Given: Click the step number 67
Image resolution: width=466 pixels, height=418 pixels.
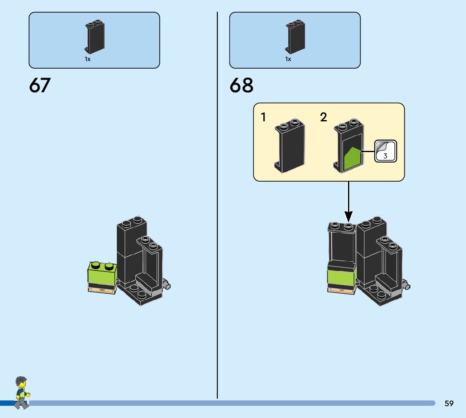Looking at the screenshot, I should click(x=40, y=86).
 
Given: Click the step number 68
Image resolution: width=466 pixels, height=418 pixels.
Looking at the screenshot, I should click(x=241, y=86).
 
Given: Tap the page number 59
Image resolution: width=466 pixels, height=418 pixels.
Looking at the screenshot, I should click(x=449, y=404).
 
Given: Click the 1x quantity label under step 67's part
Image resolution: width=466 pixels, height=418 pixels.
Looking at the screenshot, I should click(x=88, y=59).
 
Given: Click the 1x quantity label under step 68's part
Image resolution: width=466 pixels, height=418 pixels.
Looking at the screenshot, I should click(x=288, y=59).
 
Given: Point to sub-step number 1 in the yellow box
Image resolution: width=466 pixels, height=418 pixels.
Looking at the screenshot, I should click(x=264, y=117).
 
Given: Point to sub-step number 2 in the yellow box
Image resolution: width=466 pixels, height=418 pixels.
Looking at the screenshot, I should click(x=324, y=117).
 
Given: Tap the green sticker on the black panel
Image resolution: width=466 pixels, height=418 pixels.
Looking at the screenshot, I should click(x=352, y=159).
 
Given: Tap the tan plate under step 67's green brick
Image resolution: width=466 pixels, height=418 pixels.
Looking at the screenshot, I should click(x=101, y=290).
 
